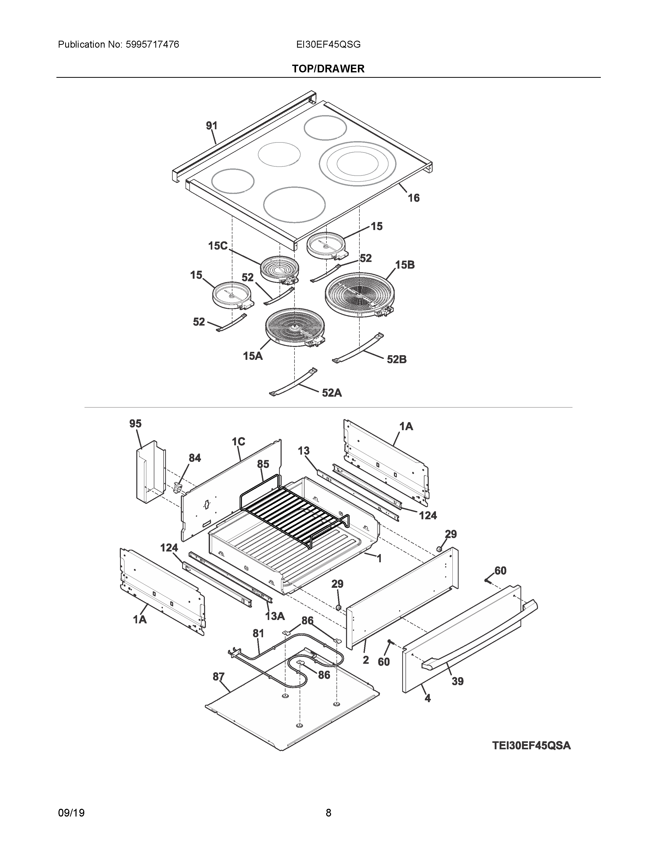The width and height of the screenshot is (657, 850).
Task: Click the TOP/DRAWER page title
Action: click(x=328, y=69)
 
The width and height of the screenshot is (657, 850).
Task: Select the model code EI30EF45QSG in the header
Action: click(x=328, y=45)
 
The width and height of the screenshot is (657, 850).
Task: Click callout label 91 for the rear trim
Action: click(x=211, y=126)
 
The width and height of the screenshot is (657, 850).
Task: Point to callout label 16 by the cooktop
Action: click(x=413, y=198)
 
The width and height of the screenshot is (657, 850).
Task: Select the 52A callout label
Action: click(x=332, y=393)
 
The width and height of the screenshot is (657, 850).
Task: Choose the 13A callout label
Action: click(x=275, y=616)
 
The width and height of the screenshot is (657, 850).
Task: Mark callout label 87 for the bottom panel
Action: click(x=218, y=677)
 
